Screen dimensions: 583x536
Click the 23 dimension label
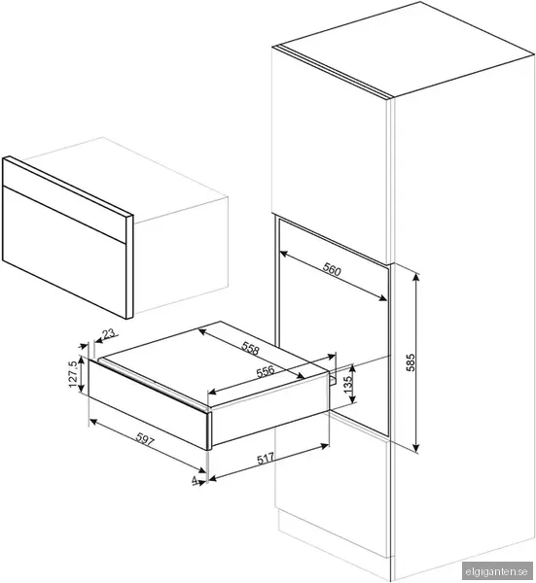[108, 335]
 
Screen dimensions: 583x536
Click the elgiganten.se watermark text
[500, 572]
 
